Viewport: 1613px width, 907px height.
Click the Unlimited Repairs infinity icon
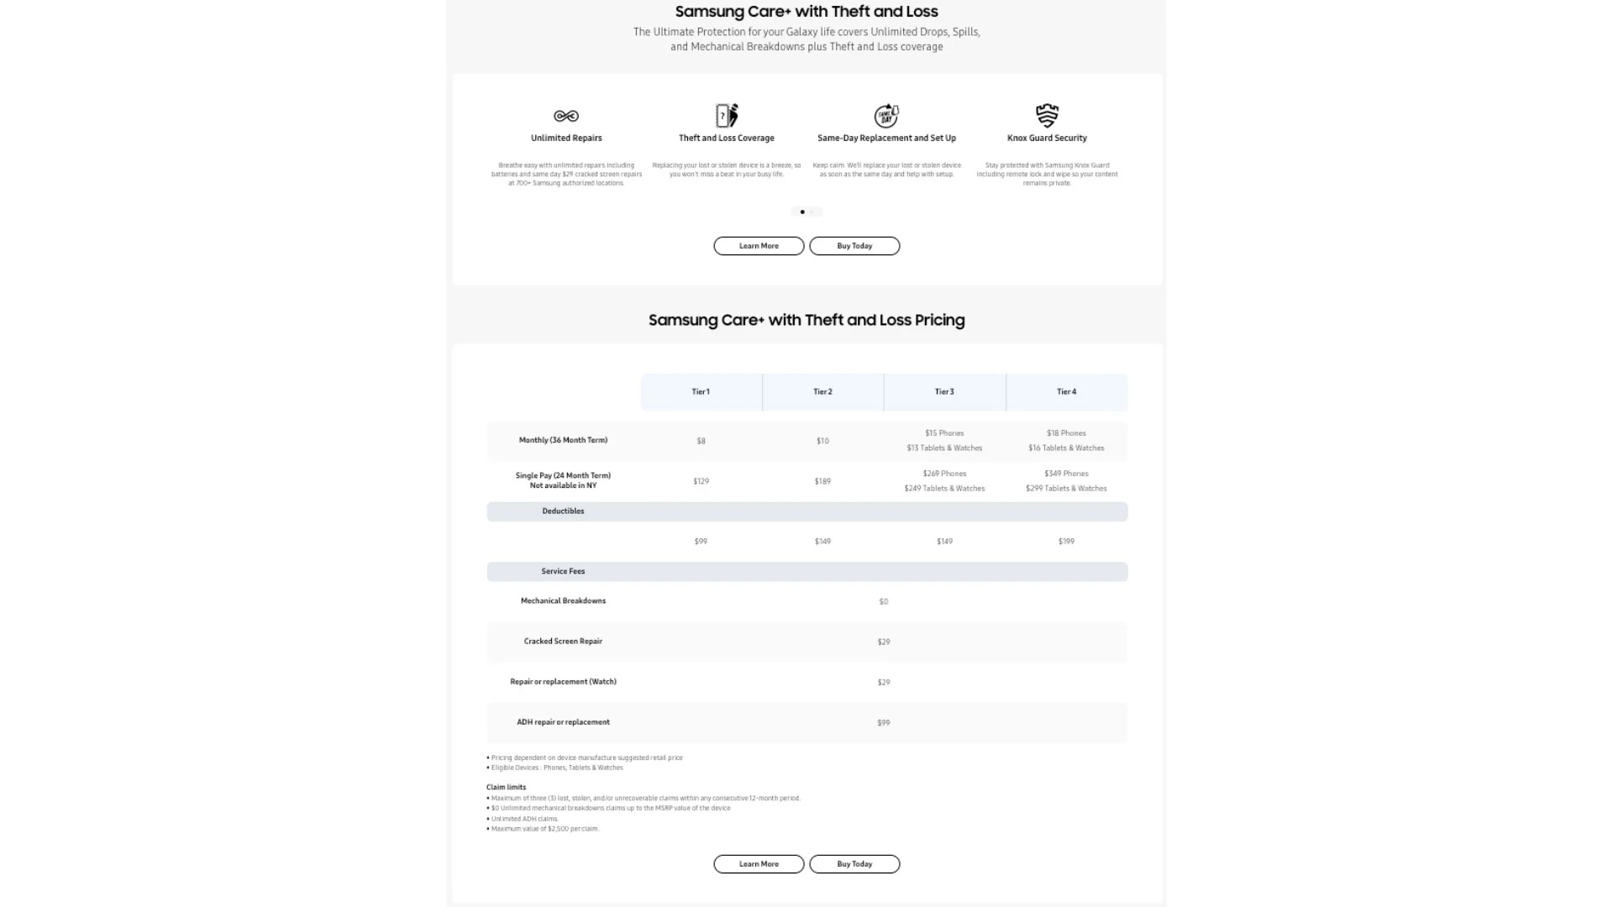point(566,116)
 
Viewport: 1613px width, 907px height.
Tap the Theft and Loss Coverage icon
point(727,115)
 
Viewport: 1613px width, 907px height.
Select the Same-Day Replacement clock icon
point(886,115)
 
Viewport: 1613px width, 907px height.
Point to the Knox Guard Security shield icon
point(1047,115)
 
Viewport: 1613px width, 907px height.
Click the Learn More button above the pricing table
point(759,246)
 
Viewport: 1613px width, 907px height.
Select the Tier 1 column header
point(701,392)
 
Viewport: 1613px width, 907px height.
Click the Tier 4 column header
point(1066,392)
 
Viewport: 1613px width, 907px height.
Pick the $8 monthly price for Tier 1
point(701,441)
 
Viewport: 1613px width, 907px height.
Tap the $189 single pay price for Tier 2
point(822,481)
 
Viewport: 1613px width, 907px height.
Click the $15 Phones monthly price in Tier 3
point(944,433)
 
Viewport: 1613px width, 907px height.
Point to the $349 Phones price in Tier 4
point(1066,474)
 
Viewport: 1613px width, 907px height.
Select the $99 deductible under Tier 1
point(701,542)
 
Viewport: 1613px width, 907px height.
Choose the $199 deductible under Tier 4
point(1066,542)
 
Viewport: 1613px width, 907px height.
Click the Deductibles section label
point(563,511)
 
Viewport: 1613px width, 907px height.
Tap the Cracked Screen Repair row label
point(563,642)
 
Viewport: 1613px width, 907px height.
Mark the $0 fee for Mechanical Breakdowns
point(883,602)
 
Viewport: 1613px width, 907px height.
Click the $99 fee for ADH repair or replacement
point(883,723)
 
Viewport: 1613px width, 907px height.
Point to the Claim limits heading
point(506,788)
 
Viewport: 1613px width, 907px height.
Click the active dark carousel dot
point(802,212)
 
